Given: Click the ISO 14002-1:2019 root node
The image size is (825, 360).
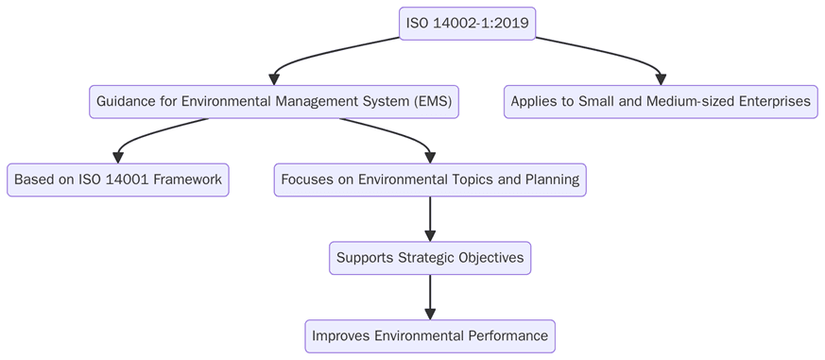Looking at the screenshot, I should (468, 24).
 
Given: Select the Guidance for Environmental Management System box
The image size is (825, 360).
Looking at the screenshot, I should (274, 101).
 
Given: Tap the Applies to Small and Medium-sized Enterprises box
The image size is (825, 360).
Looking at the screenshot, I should (661, 101).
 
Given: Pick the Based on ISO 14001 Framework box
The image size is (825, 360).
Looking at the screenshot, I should (118, 180).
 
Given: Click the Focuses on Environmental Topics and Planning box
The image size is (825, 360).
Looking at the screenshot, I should (430, 180).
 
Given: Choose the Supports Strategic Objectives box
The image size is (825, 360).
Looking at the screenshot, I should (430, 258).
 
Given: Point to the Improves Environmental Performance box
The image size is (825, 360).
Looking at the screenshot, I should (430, 335).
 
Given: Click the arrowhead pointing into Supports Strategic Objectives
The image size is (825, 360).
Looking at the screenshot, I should (430, 235).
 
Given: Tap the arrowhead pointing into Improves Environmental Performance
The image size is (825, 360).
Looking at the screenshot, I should (430, 314).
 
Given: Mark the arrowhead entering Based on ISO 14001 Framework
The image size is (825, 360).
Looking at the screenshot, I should (118, 157).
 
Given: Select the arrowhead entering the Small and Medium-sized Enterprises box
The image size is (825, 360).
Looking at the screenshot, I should (661, 78).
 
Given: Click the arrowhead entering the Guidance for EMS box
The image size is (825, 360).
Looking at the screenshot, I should (274, 78).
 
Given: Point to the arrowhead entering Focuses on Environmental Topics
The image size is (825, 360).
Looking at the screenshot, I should (430, 157).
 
